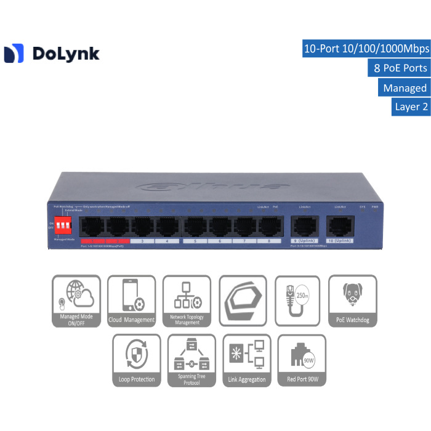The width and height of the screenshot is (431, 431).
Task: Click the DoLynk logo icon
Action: tap(14, 54)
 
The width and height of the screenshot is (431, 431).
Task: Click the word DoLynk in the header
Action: tap(65, 54)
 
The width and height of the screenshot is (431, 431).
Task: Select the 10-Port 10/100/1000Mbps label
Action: tap(366, 49)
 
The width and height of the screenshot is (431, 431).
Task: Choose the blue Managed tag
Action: tap(404, 87)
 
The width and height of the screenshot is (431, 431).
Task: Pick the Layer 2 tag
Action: tap(411, 107)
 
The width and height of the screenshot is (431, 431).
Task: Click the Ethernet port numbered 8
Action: tap(269, 227)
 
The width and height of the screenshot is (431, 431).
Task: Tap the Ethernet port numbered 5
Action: tap(195, 227)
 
